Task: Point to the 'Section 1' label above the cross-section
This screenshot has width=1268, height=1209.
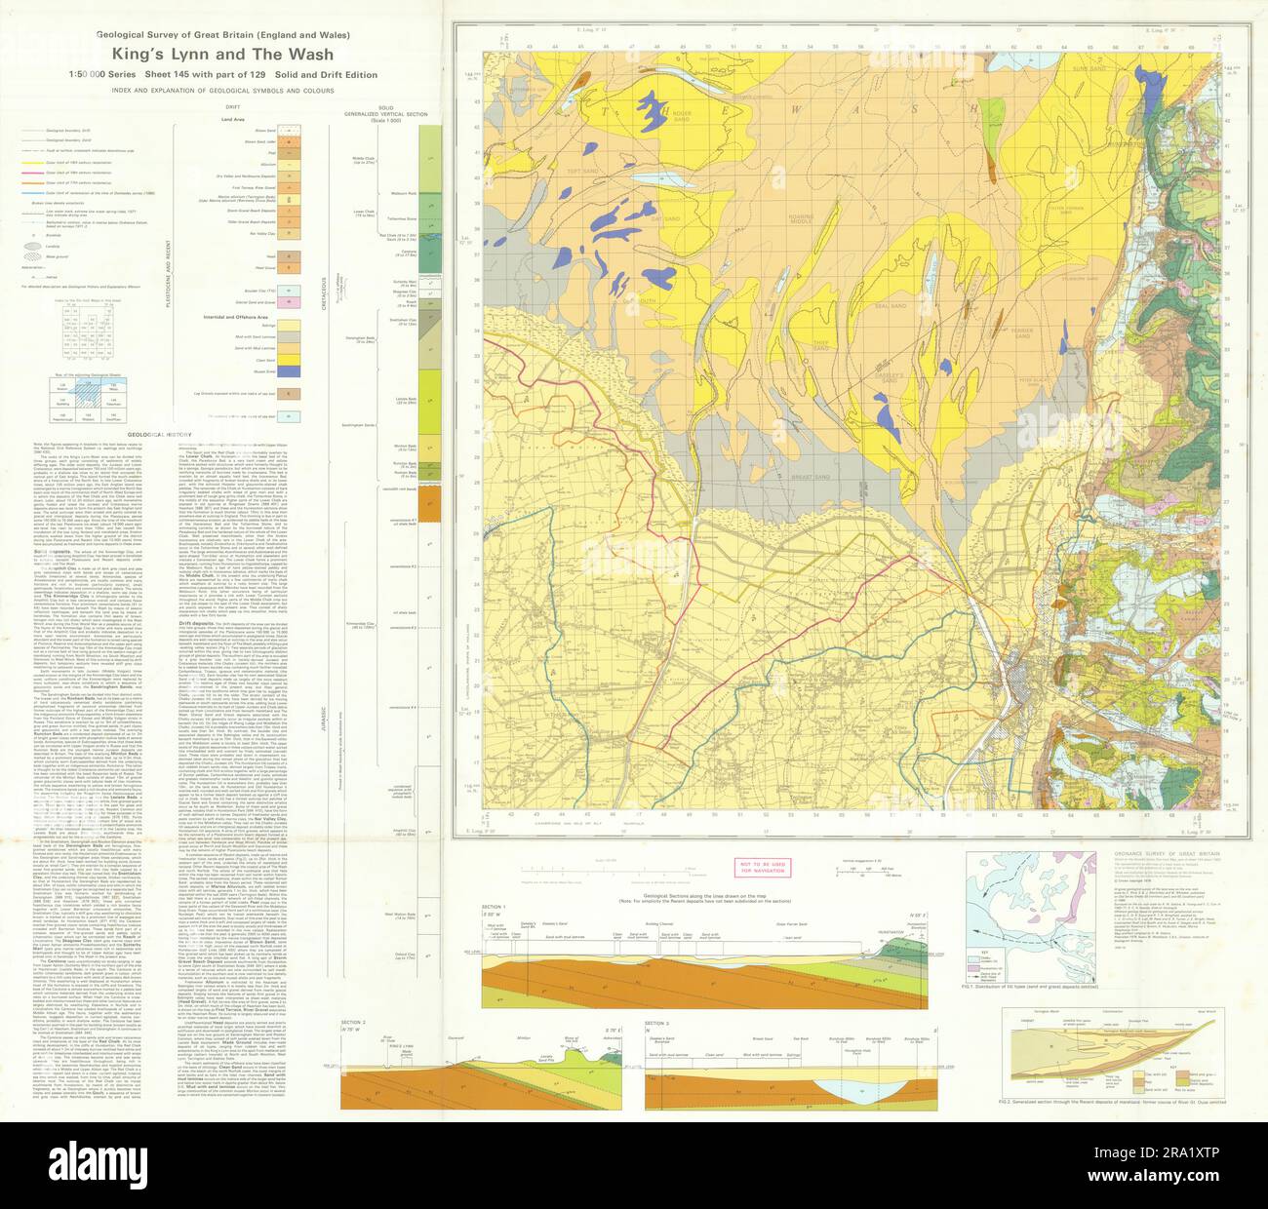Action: [494, 907]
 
